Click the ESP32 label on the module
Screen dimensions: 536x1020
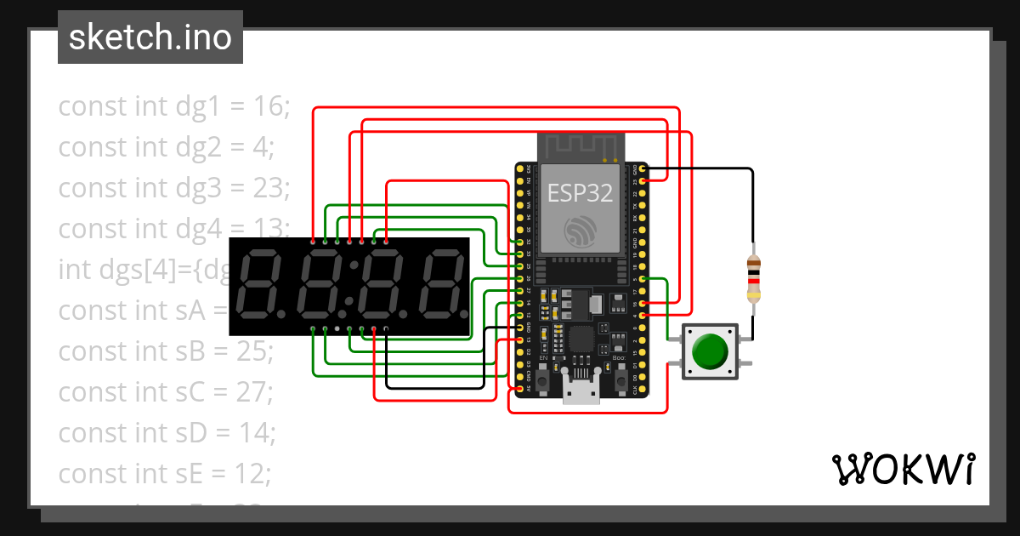580,194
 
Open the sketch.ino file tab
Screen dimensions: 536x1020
150,37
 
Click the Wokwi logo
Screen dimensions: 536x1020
903,469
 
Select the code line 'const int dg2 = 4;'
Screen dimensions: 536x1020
166,147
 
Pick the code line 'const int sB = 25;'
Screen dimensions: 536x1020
166,351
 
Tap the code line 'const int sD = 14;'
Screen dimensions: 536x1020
167,433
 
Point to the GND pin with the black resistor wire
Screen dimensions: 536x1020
642,169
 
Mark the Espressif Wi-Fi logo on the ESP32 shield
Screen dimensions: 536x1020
580,231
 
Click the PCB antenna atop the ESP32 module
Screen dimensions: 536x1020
580,146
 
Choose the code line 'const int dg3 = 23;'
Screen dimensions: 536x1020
174,188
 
